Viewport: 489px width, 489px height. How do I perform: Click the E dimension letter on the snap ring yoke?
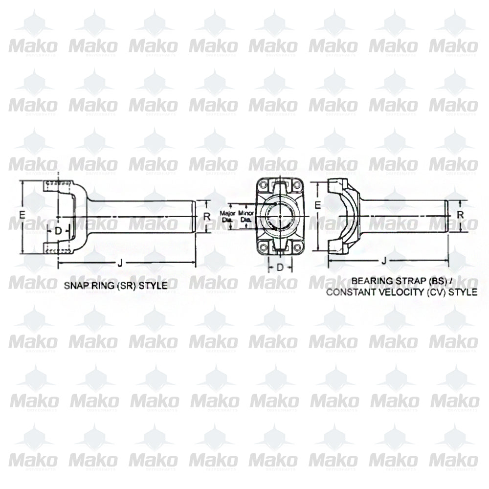(x=22, y=214)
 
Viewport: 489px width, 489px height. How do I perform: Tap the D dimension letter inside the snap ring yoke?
(x=58, y=230)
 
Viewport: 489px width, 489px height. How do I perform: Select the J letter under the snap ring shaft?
(x=120, y=263)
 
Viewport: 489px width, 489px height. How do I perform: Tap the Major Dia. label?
(x=228, y=217)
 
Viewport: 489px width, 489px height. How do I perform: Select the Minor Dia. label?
(x=245, y=217)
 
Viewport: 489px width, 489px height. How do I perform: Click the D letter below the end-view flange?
(x=280, y=267)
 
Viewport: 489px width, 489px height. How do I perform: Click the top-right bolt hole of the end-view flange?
(x=296, y=185)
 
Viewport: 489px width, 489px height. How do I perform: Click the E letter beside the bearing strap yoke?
(x=318, y=206)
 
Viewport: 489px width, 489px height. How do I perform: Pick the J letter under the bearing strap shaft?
(x=384, y=261)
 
